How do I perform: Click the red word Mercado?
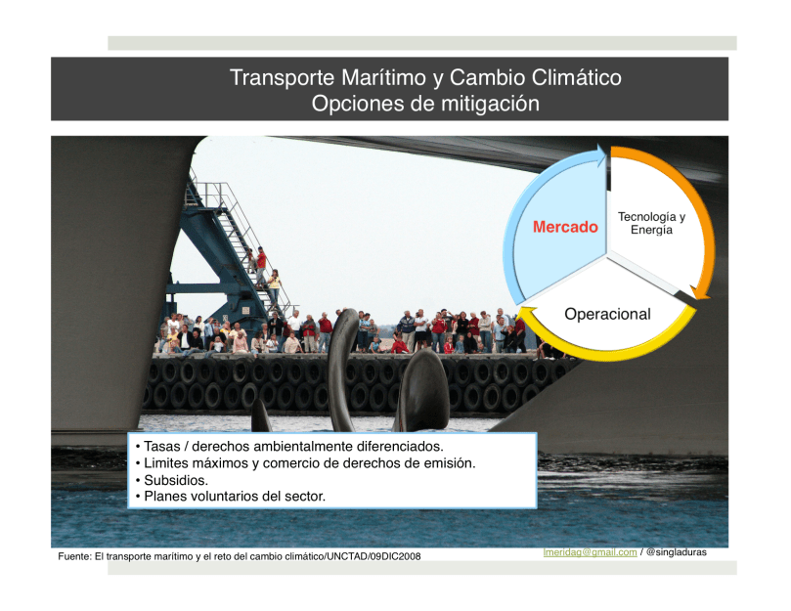point(565,227)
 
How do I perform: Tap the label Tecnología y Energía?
point(651,223)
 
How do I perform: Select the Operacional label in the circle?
point(607,314)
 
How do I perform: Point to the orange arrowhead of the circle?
point(699,292)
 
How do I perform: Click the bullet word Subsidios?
point(176,480)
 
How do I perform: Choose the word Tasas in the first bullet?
point(162,447)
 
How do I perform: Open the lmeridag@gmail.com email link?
point(590,552)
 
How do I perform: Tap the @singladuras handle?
point(677,552)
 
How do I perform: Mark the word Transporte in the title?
point(282,77)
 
